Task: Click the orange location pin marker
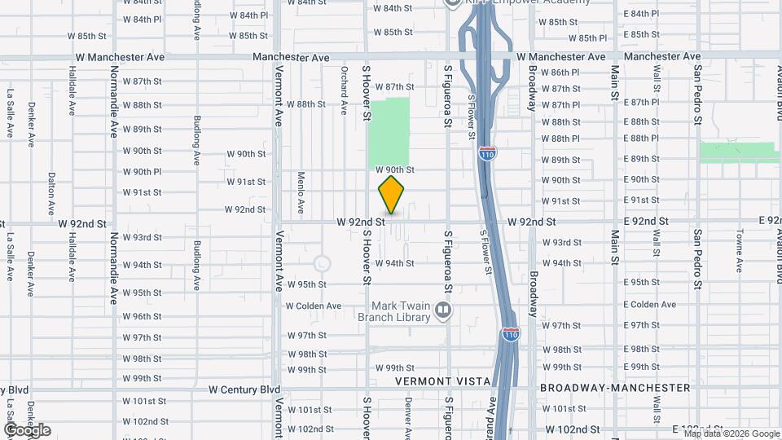coord(392,195)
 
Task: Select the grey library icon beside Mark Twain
coord(443,310)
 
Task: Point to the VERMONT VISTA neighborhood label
coord(442,381)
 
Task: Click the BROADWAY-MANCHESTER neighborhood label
coord(615,389)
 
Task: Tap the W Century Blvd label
coord(244,389)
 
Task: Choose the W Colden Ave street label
coord(314,306)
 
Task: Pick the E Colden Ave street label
coord(649,304)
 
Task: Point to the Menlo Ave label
coord(301,189)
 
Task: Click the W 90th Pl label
coord(142,172)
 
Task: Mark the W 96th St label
coord(142,317)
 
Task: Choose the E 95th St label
coord(641,282)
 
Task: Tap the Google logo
coord(27,430)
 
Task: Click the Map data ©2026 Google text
coord(731,433)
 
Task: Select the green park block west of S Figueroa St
coord(389,132)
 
